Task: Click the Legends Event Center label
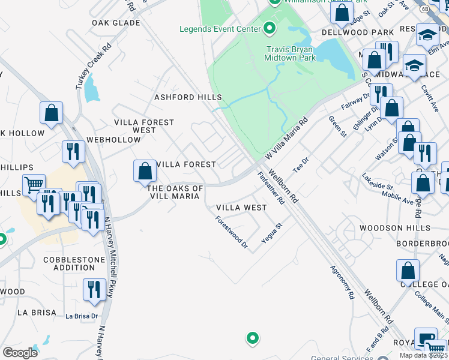(220, 29)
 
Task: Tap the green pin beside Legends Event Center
(269, 28)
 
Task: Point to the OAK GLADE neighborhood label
(116, 23)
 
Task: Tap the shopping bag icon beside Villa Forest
(145, 171)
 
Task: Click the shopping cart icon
(34, 184)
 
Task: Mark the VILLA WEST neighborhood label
(241, 208)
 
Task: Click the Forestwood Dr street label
(232, 232)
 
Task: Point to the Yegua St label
(271, 233)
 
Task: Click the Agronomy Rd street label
(343, 283)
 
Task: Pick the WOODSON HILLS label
(394, 229)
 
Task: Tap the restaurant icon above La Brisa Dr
(94, 290)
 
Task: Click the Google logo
(20, 353)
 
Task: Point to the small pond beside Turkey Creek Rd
(91, 89)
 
